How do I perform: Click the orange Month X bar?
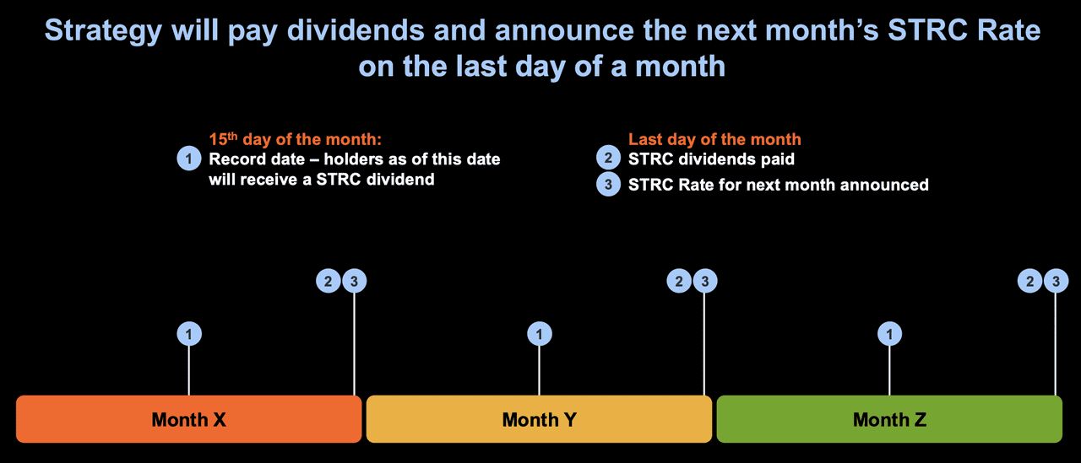pyautogui.click(x=188, y=419)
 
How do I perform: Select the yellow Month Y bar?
pyautogui.click(x=539, y=419)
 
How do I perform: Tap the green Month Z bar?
pyautogui.click(x=889, y=419)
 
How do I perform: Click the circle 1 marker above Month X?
pyautogui.click(x=189, y=334)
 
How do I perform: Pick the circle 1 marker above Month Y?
pyautogui.click(x=540, y=334)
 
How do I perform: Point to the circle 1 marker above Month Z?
pyautogui.click(x=890, y=334)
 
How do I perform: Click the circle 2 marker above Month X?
pyautogui.click(x=329, y=281)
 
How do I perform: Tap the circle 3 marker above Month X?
pyautogui.click(x=354, y=281)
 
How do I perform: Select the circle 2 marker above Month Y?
pyautogui.click(x=679, y=281)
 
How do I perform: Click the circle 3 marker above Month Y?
pyautogui.click(x=705, y=281)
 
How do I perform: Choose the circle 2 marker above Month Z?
pyautogui.click(x=1029, y=281)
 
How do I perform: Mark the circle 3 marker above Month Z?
pyautogui.click(x=1056, y=281)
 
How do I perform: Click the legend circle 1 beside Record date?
pyautogui.click(x=189, y=158)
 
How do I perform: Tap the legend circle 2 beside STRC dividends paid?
pyautogui.click(x=609, y=158)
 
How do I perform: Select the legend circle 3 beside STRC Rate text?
pyautogui.click(x=609, y=184)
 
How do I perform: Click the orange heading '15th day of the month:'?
pyautogui.click(x=296, y=139)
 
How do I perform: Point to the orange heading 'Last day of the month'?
pyautogui.click(x=714, y=139)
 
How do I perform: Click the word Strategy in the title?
pyautogui.click(x=103, y=31)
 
